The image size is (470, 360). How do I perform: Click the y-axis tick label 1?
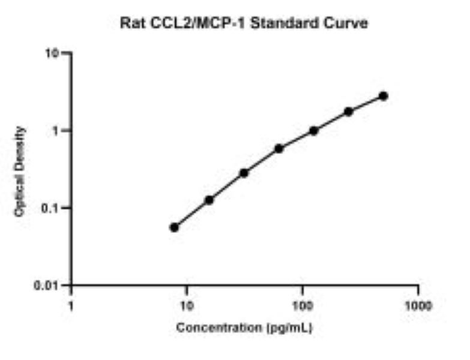pos(55,131)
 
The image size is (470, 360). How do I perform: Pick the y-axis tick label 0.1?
pos(49,208)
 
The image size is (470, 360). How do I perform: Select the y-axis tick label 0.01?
pos(46,286)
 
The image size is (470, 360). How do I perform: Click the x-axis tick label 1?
pos(71,306)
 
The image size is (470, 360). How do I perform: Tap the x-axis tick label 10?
pos(187,306)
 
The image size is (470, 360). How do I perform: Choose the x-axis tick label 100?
pos(303,306)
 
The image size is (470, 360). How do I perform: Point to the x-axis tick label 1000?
pos(418,306)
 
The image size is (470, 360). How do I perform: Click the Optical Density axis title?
pos(19,172)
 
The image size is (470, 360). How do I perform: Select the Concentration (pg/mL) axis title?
pos(244,328)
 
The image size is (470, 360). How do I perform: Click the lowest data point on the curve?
pos(174,227)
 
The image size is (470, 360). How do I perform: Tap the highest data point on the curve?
pos(384,96)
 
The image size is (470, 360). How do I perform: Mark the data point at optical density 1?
pos(314,131)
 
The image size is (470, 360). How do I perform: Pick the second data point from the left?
pos(209,200)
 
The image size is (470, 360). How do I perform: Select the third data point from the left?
pos(244,173)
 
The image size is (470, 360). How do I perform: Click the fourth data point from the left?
pos(279,149)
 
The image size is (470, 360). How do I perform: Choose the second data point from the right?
pos(349,112)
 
